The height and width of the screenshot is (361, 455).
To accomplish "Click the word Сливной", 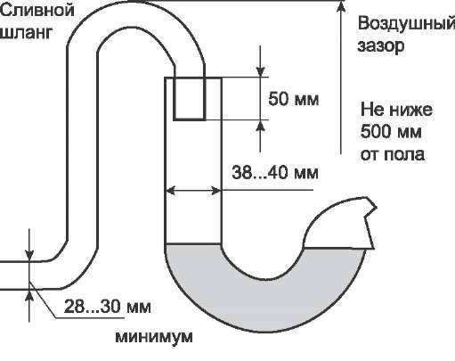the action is pyautogui.click(x=37, y=11).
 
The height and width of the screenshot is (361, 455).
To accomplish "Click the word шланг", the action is pyautogui.click(x=26, y=32).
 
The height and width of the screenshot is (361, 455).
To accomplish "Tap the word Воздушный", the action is pyautogui.click(x=406, y=24).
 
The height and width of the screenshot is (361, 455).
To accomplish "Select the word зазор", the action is pyautogui.click(x=381, y=46).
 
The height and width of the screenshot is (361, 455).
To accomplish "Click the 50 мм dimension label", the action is pyautogui.click(x=294, y=99).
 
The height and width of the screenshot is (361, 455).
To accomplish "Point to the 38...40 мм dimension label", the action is pyautogui.click(x=275, y=172).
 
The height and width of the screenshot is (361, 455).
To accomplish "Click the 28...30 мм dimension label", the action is pyautogui.click(x=108, y=306).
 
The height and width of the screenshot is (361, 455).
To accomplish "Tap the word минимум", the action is pyautogui.click(x=154, y=337).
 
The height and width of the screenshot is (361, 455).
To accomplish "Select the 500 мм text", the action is pyautogui.click(x=391, y=131).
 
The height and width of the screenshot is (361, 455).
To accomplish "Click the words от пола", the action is pyautogui.click(x=393, y=154).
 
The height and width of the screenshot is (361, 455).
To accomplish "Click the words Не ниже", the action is pyautogui.click(x=396, y=110).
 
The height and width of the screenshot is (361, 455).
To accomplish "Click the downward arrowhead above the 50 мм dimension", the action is pyautogui.click(x=260, y=71).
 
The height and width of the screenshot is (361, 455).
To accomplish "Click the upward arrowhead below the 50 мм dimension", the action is pyautogui.click(x=260, y=126).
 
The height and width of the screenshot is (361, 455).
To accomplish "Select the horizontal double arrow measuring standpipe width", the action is pyautogui.click(x=193, y=190).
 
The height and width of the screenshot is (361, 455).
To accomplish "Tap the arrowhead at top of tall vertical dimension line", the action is pyautogui.click(x=341, y=7).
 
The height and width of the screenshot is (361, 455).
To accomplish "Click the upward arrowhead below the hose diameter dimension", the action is pyautogui.click(x=29, y=295).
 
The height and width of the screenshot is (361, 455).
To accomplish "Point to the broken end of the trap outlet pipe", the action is pyautogui.click(x=370, y=223).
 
